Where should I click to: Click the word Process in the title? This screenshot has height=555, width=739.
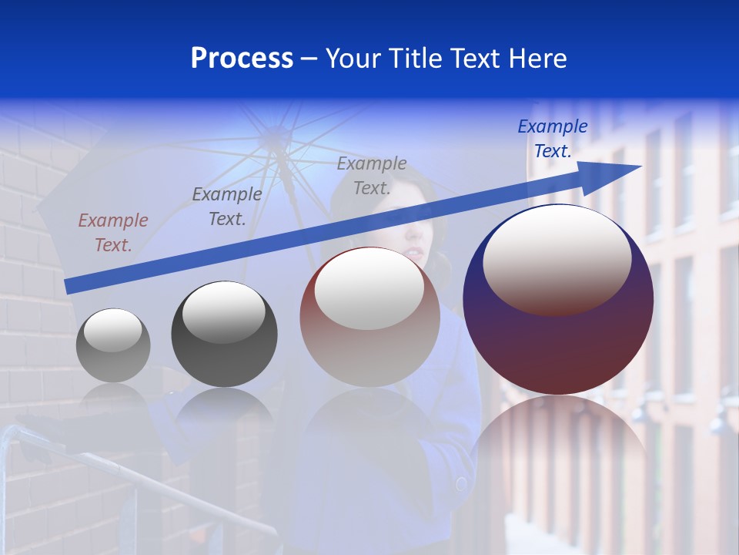242,59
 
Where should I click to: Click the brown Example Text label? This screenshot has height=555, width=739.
112,232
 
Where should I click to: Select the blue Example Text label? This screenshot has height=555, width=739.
552,139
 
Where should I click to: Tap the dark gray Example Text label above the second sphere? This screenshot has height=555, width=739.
226,206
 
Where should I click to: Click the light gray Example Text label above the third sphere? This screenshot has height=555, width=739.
371,175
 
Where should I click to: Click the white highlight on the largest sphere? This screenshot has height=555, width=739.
557,258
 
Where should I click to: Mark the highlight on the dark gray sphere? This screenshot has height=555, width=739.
223,312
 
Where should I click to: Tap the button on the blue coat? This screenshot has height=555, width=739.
461,484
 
